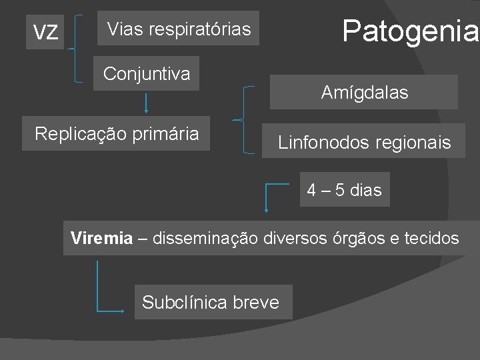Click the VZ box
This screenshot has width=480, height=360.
[x=45, y=31]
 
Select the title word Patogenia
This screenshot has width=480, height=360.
[x=409, y=30]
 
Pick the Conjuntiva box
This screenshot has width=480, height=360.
[x=146, y=73]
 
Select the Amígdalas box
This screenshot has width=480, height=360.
[x=364, y=93]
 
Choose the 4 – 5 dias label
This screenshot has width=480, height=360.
[x=344, y=190]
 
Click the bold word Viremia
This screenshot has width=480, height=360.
[x=102, y=238]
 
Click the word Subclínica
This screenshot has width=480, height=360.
[x=185, y=303]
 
